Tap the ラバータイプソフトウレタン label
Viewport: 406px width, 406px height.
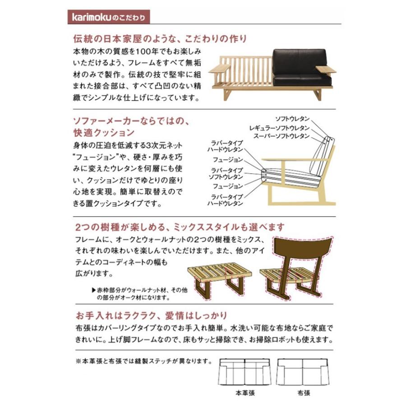[x=226, y=173]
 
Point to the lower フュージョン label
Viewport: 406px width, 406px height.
[x=228, y=185]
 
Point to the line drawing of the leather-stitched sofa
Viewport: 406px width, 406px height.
[x=244, y=372]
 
